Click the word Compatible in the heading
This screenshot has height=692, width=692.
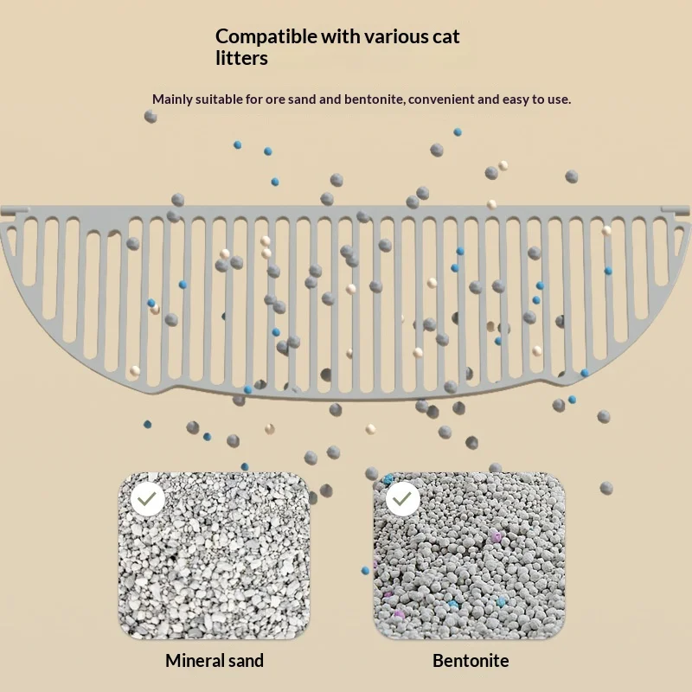click(x=266, y=37)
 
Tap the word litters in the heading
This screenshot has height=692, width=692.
click(x=241, y=58)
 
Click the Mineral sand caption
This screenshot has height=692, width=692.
click(x=215, y=661)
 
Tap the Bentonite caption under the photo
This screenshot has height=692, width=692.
click(x=471, y=661)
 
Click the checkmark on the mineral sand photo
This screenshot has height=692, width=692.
click(x=147, y=499)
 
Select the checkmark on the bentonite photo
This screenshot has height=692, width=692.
click(x=402, y=499)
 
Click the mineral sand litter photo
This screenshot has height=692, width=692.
click(x=214, y=555)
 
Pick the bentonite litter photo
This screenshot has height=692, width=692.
click(x=470, y=555)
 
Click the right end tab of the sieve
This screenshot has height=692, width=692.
click(x=676, y=210)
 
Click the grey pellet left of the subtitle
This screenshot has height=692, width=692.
click(x=151, y=117)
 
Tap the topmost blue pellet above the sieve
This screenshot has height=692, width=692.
click(x=458, y=132)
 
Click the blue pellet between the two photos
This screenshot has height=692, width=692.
click(x=365, y=571)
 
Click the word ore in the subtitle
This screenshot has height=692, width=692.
click(x=274, y=100)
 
